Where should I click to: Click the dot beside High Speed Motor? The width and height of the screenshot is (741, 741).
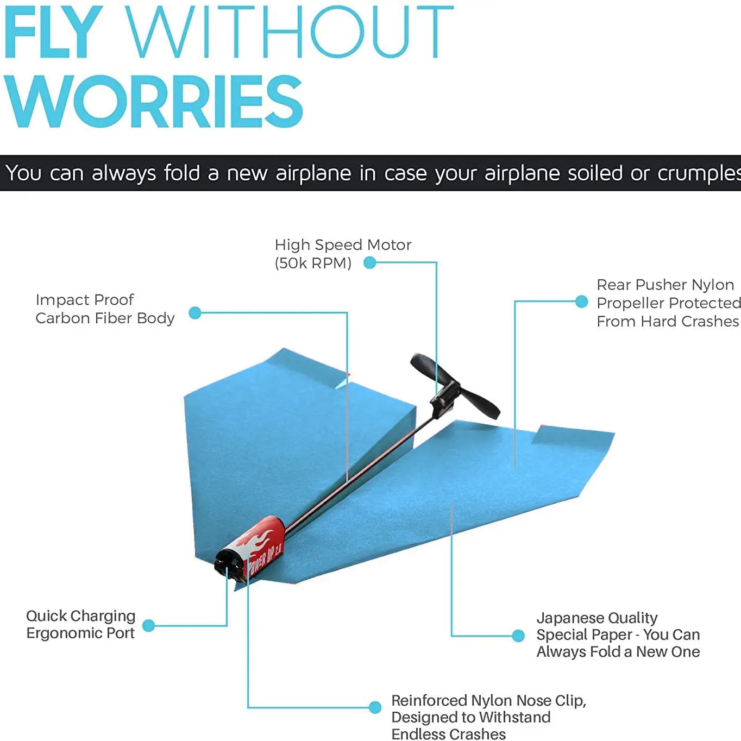[370, 263]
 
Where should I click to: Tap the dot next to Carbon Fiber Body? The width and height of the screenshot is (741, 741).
[195, 313]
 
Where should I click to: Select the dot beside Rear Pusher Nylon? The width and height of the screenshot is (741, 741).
[581, 302]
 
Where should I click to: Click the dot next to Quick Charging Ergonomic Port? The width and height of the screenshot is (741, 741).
[148, 625]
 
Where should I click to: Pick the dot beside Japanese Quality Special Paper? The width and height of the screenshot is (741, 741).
[518, 636]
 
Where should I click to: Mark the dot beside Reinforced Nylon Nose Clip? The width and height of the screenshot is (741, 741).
[375, 707]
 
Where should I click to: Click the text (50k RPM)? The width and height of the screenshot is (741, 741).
[313, 263]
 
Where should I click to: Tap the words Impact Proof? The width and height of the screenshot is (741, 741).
[85, 300]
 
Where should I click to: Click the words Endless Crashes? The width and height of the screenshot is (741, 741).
[448, 734]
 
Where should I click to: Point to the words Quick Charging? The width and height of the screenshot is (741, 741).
[80, 616]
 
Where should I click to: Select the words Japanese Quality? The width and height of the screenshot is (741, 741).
[596, 618]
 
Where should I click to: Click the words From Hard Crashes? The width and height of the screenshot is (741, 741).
[667, 322]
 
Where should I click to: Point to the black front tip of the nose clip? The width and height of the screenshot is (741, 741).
[227, 562]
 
